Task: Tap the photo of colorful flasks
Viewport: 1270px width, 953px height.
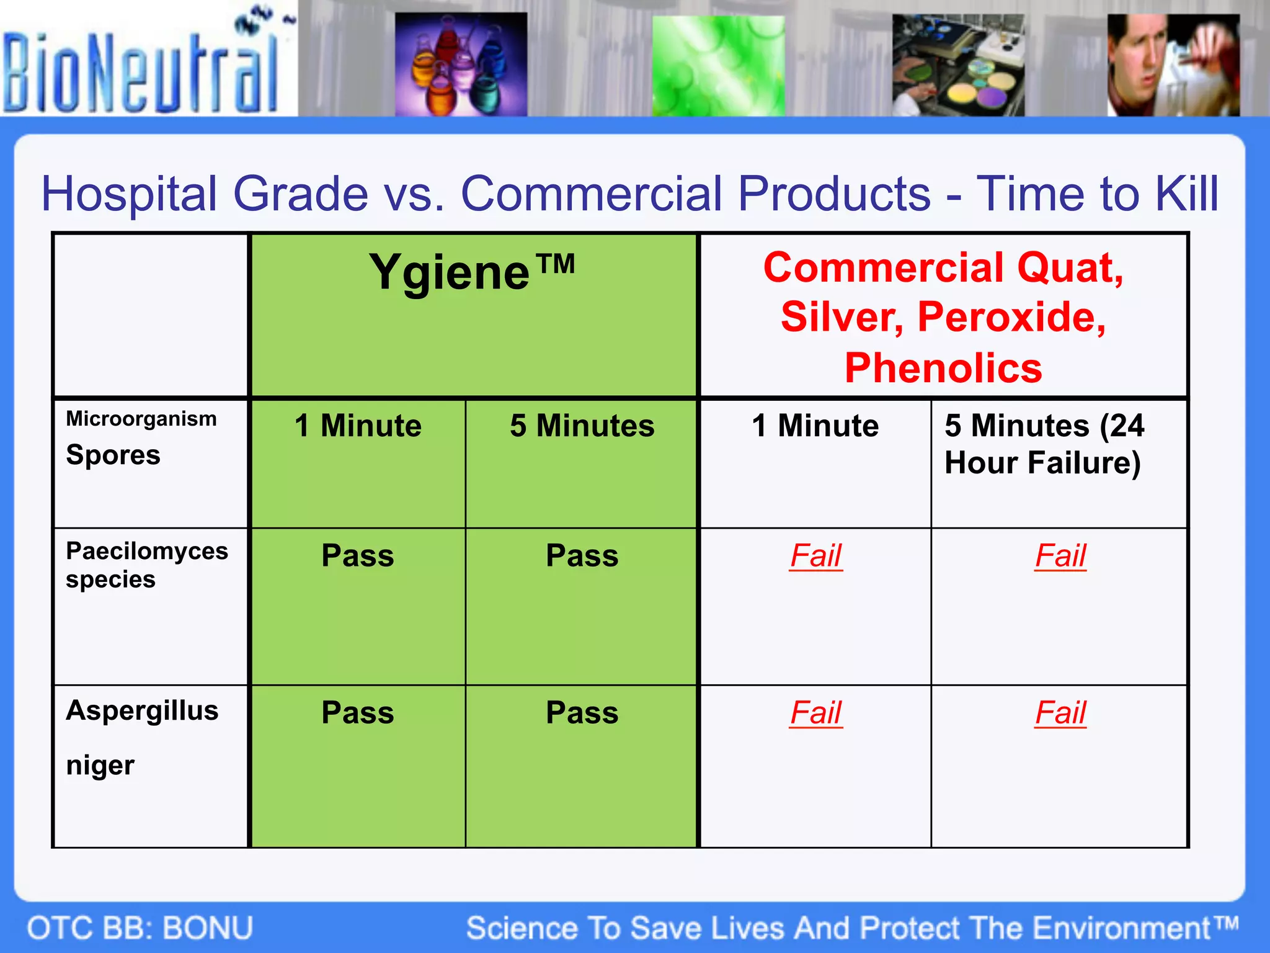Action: [461, 65]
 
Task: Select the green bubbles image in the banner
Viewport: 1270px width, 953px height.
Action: [718, 66]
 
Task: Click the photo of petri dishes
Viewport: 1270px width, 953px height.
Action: [958, 66]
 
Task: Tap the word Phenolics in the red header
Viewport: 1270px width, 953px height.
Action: [943, 368]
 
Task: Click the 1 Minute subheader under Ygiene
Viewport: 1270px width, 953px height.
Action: [358, 426]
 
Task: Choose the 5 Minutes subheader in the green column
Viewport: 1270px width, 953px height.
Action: [582, 426]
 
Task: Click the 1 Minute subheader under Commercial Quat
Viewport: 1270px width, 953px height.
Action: [815, 426]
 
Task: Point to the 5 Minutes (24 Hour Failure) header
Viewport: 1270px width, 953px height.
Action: [1044, 444]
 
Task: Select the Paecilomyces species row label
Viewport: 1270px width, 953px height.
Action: [146, 565]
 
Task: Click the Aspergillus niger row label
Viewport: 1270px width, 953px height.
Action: [141, 737]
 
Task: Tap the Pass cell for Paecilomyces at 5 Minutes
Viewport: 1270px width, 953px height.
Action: [582, 556]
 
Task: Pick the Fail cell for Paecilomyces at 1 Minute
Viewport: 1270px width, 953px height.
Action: [815, 556]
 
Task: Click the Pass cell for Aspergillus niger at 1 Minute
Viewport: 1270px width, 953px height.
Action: [358, 713]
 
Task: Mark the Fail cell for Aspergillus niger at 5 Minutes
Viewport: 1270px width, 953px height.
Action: [1060, 713]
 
